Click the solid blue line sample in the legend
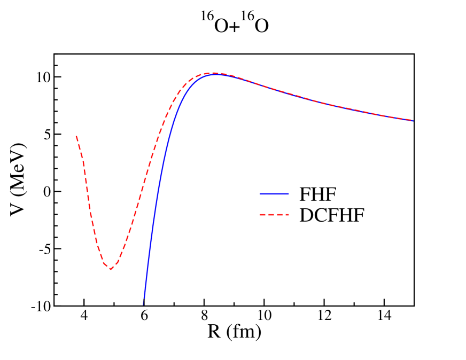pos(274,194)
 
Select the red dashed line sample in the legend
pos(274,215)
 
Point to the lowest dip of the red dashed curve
pos(111,269)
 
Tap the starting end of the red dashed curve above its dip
pos(76,136)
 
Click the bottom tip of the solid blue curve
pos(144,303)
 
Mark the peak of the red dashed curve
pos(214,73)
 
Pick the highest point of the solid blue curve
pos(216,74)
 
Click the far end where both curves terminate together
pos(413,121)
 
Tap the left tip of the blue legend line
pos(260,194)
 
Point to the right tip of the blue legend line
pos(289,194)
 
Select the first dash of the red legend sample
pos(263,215)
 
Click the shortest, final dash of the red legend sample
pos(288,215)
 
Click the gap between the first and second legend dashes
pos(267,215)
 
